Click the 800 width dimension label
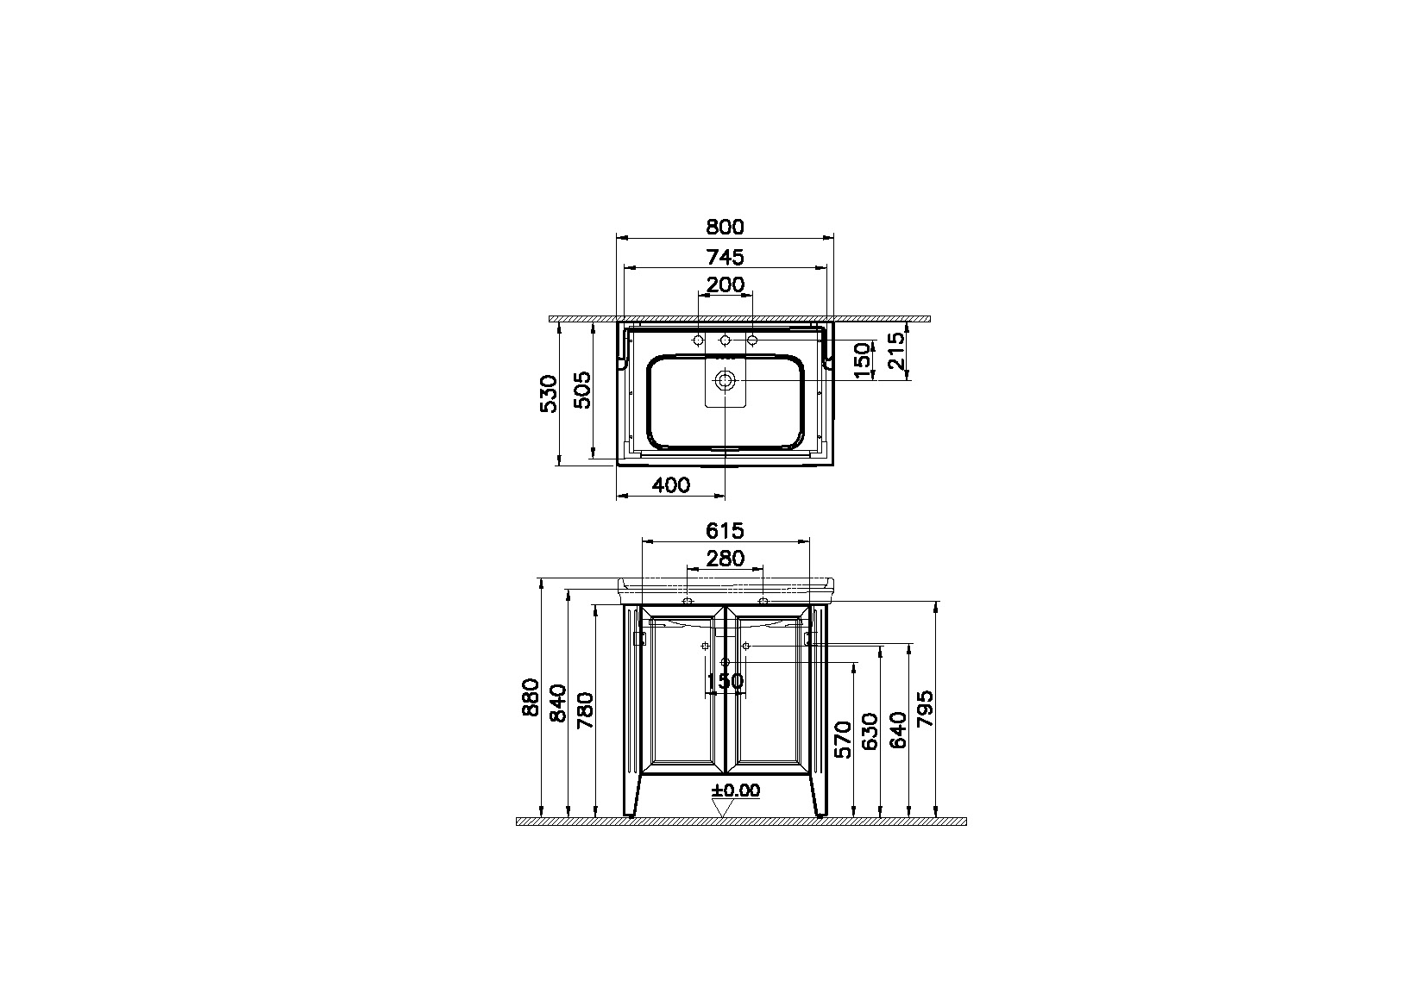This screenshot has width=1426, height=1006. pos(726,228)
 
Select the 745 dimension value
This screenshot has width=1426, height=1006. pos(726,257)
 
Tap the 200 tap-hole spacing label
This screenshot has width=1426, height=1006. pos(726,284)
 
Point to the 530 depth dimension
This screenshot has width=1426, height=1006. pos(549,394)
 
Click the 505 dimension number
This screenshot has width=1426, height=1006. pos(581,390)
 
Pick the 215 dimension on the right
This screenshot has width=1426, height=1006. pos(895,351)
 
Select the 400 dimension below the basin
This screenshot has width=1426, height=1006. pos(671,485)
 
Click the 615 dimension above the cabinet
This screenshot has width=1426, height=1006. pos(726,531)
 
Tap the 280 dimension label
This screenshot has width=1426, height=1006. pos(726,559)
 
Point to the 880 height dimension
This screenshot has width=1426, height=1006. pos(531,697)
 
